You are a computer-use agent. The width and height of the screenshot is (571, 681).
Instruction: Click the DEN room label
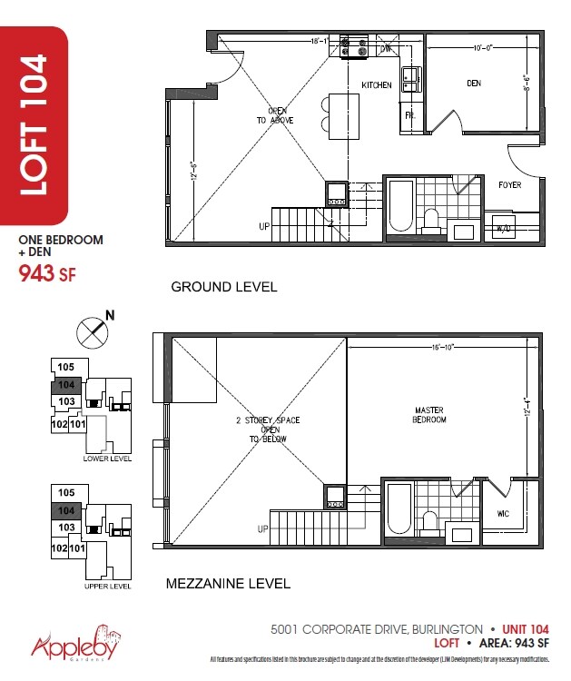coord(474,84)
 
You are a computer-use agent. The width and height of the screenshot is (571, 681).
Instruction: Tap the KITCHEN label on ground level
coord(377,85)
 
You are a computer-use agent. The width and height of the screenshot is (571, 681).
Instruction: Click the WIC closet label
coord(503,514)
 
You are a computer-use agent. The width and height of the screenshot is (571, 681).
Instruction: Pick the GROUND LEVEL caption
coord(224,287)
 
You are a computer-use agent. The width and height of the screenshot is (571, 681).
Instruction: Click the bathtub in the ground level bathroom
coord(399,208)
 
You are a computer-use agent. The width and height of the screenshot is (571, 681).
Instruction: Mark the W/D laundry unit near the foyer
coord(501,228)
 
